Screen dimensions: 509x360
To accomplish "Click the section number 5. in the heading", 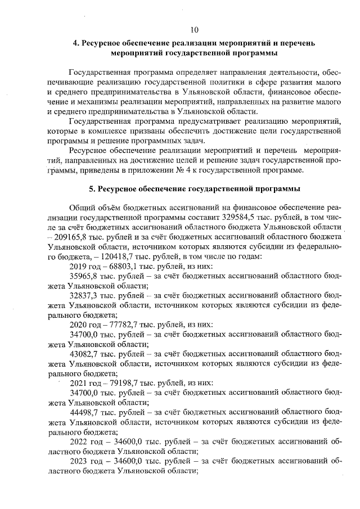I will pyautogui.click(x=93, y=188).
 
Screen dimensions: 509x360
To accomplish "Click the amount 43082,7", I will pyautogui.click(x=84, y=354).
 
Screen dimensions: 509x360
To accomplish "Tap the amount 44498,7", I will pyautogui.click(x=84, y=412).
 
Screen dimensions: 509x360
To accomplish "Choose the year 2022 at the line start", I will pyautogui.click(x=79, y=442).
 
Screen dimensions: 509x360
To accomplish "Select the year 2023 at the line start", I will pyautogui.click(x=79, y=462).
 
